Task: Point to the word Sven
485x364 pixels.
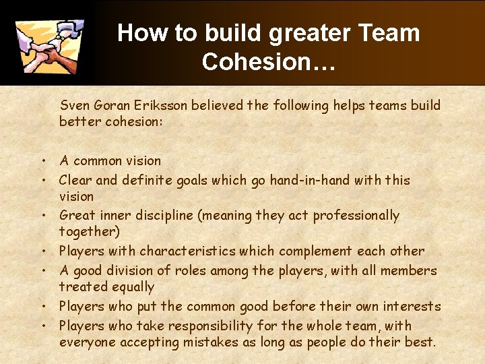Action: coord(75,105)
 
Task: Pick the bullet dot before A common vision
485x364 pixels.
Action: coord(42,161)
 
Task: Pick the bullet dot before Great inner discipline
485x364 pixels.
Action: coord(42,216)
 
